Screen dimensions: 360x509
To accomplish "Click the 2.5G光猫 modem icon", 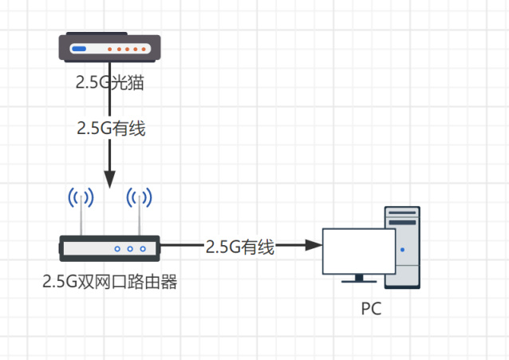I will pos(110,49).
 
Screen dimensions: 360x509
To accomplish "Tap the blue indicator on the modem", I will pos(80,49).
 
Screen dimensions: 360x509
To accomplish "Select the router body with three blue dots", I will pos(110,248).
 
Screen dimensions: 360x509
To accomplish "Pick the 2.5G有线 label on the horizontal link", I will pos(239,247).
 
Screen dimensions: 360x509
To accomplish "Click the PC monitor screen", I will pos(359,251).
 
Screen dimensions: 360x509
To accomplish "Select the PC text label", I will pos(371,307).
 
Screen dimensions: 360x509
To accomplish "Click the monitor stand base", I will pos(359,280).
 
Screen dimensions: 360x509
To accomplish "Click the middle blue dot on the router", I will pos(130,249).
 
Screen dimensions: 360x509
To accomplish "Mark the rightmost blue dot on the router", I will pos(143,249).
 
